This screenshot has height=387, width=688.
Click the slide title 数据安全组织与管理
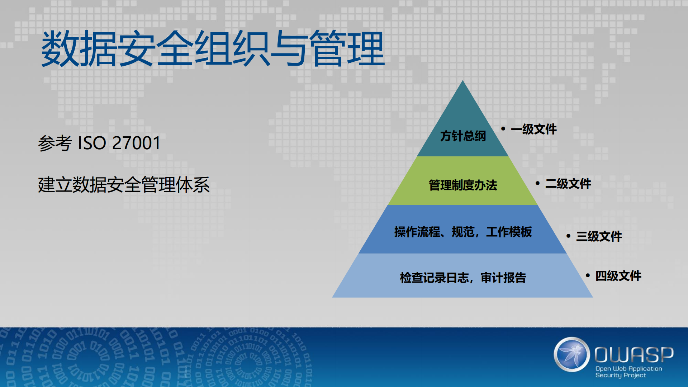click(213, 49)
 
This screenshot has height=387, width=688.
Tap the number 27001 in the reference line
click(136, 143)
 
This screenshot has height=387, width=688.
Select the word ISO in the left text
click(92, 143)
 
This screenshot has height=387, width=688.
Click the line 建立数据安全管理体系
click(124, 185)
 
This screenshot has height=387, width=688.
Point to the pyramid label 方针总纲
click(463, 136)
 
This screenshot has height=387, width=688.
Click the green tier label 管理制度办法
click(463, 185)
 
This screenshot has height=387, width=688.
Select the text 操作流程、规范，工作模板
click(463, 232)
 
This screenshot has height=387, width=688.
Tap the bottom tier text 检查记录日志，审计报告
click(463, 278)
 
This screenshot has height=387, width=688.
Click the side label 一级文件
click(533, 129)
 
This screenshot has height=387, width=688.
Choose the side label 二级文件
click(568, 184)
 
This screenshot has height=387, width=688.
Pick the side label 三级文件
click(599, 236)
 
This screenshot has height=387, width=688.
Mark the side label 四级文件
click(618, 276)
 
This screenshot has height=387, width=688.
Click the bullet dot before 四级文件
click(588, 275)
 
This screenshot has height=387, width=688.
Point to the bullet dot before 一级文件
click(503, 128)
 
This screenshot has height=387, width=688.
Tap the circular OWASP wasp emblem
click(572, 354)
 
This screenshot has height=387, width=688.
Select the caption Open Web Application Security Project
click(628, 372)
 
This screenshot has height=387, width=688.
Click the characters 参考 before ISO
click(55, 143)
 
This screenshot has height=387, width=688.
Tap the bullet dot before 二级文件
click(537, 183)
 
